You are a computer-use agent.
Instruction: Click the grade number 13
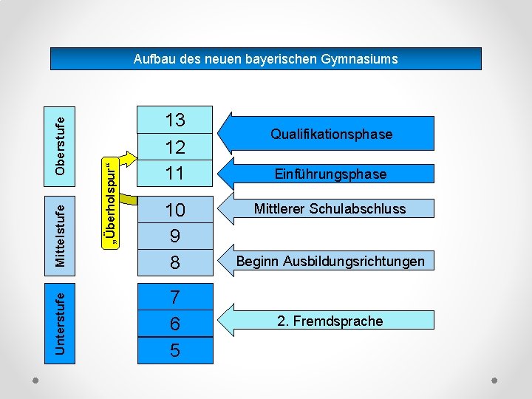pyautogui.click(x=175, y=120)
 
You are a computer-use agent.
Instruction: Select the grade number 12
pyautogui.click(x=175, y=148)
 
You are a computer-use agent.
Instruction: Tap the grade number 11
pyautogui.click(x=175, y=174)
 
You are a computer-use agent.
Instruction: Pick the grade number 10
pyautogui.click(x=175, y=210)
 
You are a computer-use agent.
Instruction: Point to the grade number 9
pyautogui.click(x=175, y=236)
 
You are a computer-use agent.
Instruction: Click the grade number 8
pyautogui.click(x=175, y=262)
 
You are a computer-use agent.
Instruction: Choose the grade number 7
pyautogui.click(x=175, y=297)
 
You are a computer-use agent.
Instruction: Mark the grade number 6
pyautogui.click(x=175, y=324)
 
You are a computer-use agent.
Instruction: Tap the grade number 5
pyautogui.click(x=175, y=349)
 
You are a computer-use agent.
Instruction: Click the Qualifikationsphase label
pyautogui.click(x=331, y=134)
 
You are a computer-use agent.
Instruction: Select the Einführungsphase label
pyautogui.click(x=330, y=174)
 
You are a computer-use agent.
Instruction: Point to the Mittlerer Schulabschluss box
pyautogui.click(x=330, y=208)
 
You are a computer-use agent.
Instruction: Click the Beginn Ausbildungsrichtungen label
pyautogui.click(x=330, y=261)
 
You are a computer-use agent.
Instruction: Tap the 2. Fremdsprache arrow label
pyautogui.click(x=330, y=321)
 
